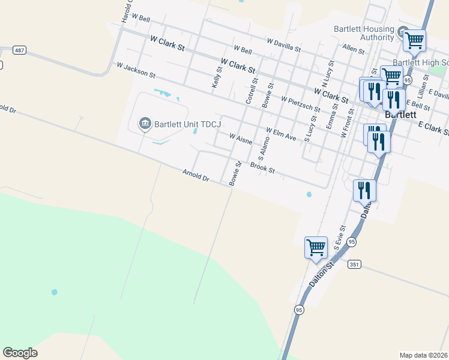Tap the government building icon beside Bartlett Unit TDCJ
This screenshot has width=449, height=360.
tap(145, 124)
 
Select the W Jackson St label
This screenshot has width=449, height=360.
tap(136, 71)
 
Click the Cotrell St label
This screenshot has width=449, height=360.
tap(251, 90)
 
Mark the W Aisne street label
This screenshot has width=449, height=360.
tap(241, 139)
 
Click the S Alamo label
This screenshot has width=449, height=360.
tap(262, 149)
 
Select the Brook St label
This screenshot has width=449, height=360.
tap(262, 168)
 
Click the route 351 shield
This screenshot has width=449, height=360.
tap(354, 263)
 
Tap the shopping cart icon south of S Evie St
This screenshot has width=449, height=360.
tap(316, 247)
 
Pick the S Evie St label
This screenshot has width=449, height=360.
tap(340, 238)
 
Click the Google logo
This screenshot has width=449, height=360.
tap(20, 353)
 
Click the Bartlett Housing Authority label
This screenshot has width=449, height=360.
tap(364, 34)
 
